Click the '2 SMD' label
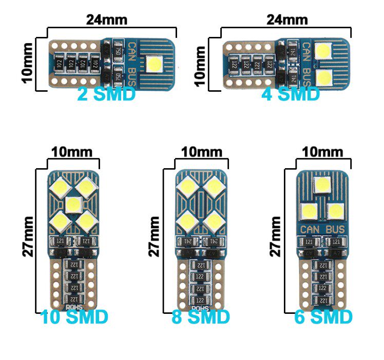coord(106,94)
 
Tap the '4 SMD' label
coord(291,94)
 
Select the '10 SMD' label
coord(74,317)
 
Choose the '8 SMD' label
coord(201,317)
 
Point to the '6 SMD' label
coord(323,317)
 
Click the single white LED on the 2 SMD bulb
coord(155,65)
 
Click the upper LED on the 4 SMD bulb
coord(323,51)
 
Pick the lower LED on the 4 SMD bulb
coord(323,78)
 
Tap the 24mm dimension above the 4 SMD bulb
coord(287,20)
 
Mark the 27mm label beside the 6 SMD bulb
coord(276,236)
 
